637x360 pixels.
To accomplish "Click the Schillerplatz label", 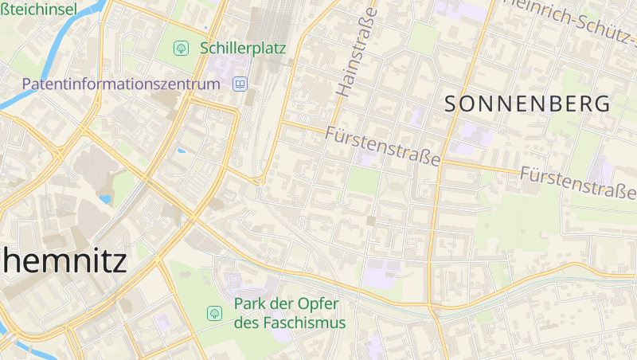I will pyautogui.click(x=243, y=48).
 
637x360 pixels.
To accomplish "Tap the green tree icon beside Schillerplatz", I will pyautogui.click(x=182, y=48).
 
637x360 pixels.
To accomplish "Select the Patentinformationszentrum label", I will pyautogui.click(x=120, y=84).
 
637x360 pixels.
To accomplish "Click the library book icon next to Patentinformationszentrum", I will pyautogui.click(x=240, y=84).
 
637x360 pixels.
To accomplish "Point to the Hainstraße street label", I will pyautogui.click(x=356, y=49).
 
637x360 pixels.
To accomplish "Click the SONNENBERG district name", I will pyautogui.click(x=527, y=104).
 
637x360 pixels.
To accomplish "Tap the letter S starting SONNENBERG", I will pyautogui.click(x=451, y=104).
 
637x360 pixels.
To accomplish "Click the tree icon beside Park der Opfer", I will pyautogui.click(x=214, y=313).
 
